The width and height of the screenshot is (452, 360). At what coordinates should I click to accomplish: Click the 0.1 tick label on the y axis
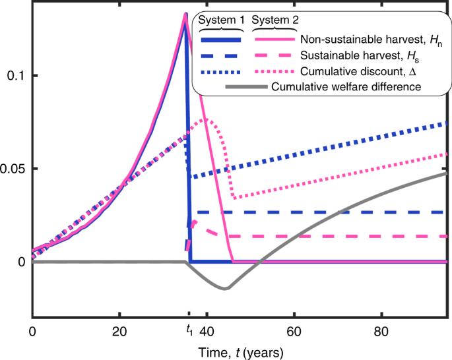(x=15, y=76)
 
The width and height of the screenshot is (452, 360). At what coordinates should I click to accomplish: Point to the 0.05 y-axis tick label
(x=12, y=169)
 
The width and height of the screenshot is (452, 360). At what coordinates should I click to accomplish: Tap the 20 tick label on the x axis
(x=119, y=330)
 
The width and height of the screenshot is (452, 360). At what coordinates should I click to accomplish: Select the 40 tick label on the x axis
(x=207, y=330)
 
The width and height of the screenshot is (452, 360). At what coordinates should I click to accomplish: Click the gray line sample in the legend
(x=247, y=86)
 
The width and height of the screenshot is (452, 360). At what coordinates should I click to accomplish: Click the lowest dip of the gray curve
(x=224, y=289)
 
